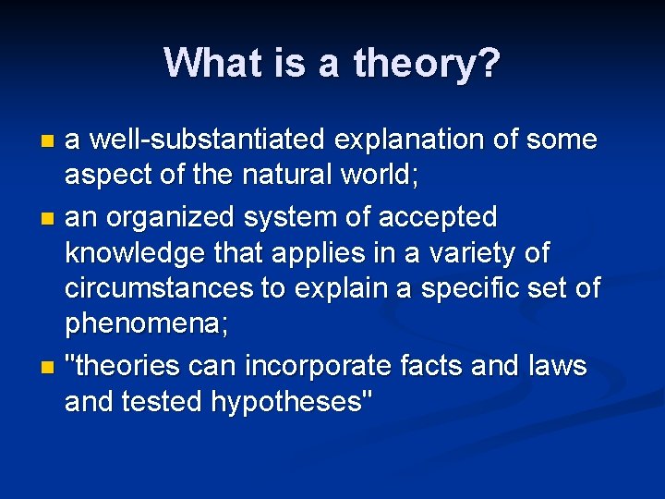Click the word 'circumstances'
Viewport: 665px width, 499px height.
pos(157,288)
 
